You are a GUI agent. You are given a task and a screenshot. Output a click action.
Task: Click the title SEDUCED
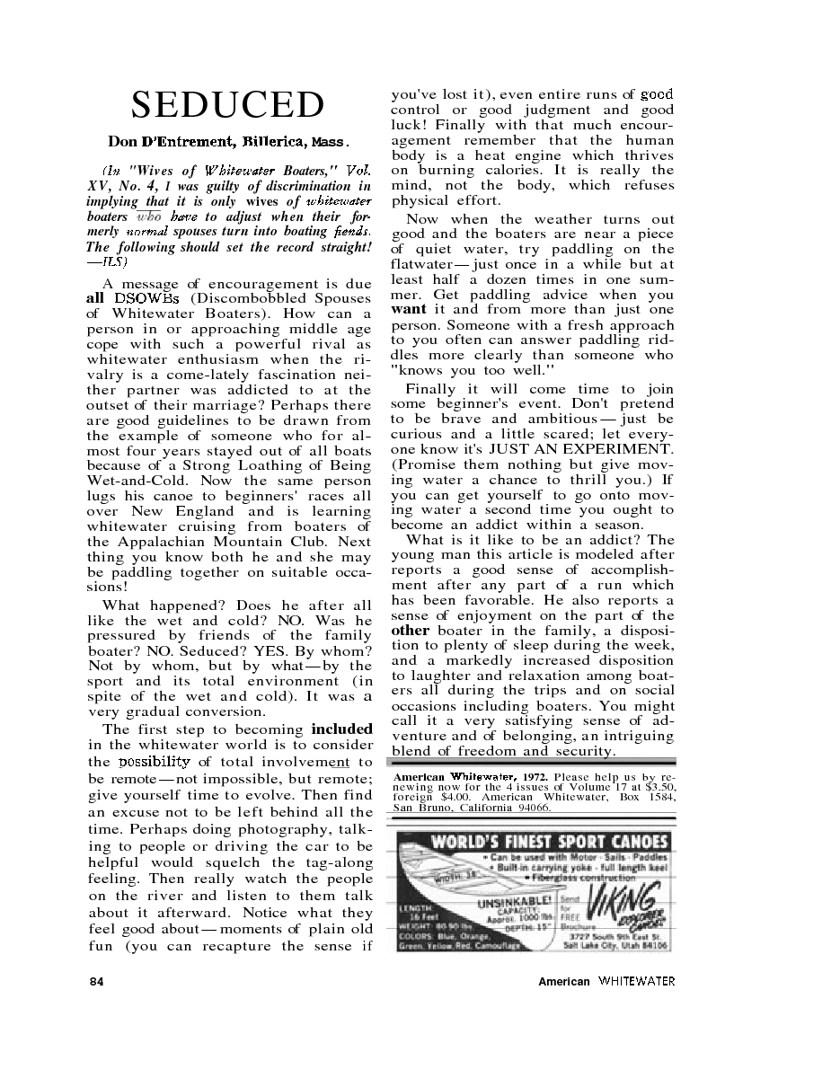point(227,105)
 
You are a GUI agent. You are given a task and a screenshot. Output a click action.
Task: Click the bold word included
point(341,729)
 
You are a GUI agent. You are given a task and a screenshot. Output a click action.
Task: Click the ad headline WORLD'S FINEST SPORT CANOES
point(551,842)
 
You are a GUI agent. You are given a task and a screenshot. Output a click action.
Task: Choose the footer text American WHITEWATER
point(606,981)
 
